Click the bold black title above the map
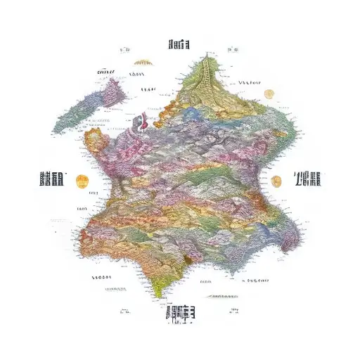[179, 46]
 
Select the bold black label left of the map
[52, 179]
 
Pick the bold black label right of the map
[308, 179]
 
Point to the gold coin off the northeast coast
[268, 94]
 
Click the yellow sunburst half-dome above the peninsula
[143, 63]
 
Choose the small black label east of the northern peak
[250, 82]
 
